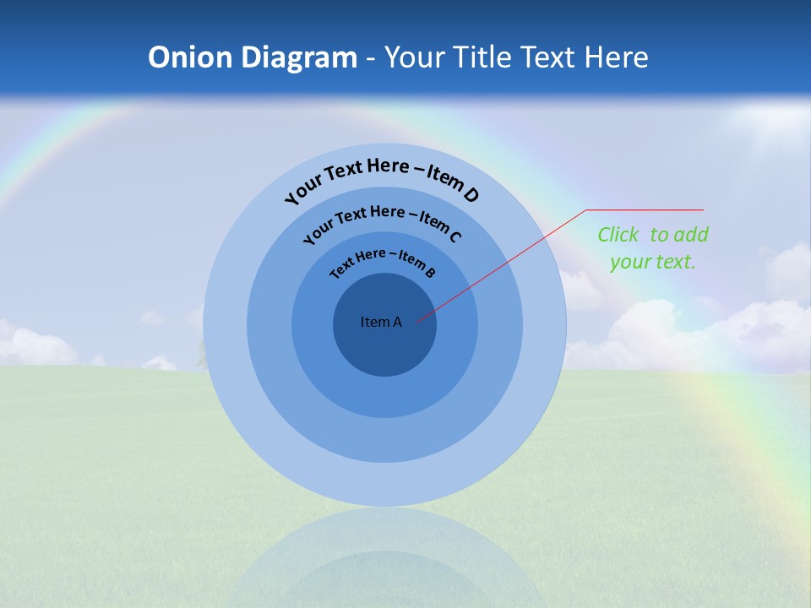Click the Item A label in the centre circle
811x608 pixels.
pyautogui.click(x=381, y=322)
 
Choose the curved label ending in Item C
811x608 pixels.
pyautogui.click(x=382, y=223)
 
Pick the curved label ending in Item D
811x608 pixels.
pyautogui.click(x=382, y=179)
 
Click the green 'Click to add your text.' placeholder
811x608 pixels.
pyautogui.click(x=653, y=248)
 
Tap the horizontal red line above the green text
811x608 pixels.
pyautogui.click(x=645, y=209)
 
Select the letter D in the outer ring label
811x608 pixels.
pyautogui.click(x=471, y=195)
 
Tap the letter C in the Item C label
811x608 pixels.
pyautogui.click(x=454, y=236)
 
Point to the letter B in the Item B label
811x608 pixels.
pyautogui.click(x=430, y=272)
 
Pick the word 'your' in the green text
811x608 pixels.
pyautogui.click(x=628, y=262)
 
